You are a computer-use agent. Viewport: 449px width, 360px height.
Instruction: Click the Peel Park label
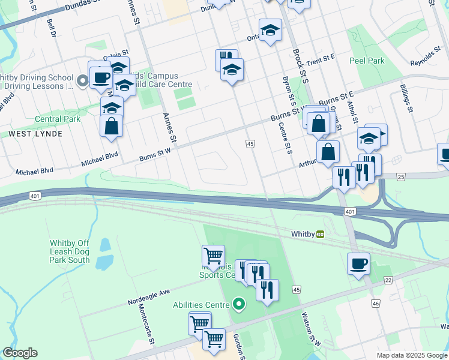point(367,61)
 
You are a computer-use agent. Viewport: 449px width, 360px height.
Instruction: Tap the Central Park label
point(57,119)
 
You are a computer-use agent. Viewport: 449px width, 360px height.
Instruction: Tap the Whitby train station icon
point(321,234)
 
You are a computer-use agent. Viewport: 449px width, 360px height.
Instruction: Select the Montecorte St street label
point(146,324)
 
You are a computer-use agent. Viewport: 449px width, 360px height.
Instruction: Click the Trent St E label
point(319,59)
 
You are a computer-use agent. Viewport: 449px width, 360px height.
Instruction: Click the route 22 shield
point(388,280)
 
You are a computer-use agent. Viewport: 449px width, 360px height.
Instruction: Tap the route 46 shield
point(376,304)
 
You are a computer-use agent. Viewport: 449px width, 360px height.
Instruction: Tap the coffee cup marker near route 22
point(358,264)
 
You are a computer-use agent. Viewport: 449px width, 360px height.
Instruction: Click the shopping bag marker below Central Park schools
point(112,127)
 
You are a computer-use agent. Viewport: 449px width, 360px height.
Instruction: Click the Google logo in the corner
point(20,353)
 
